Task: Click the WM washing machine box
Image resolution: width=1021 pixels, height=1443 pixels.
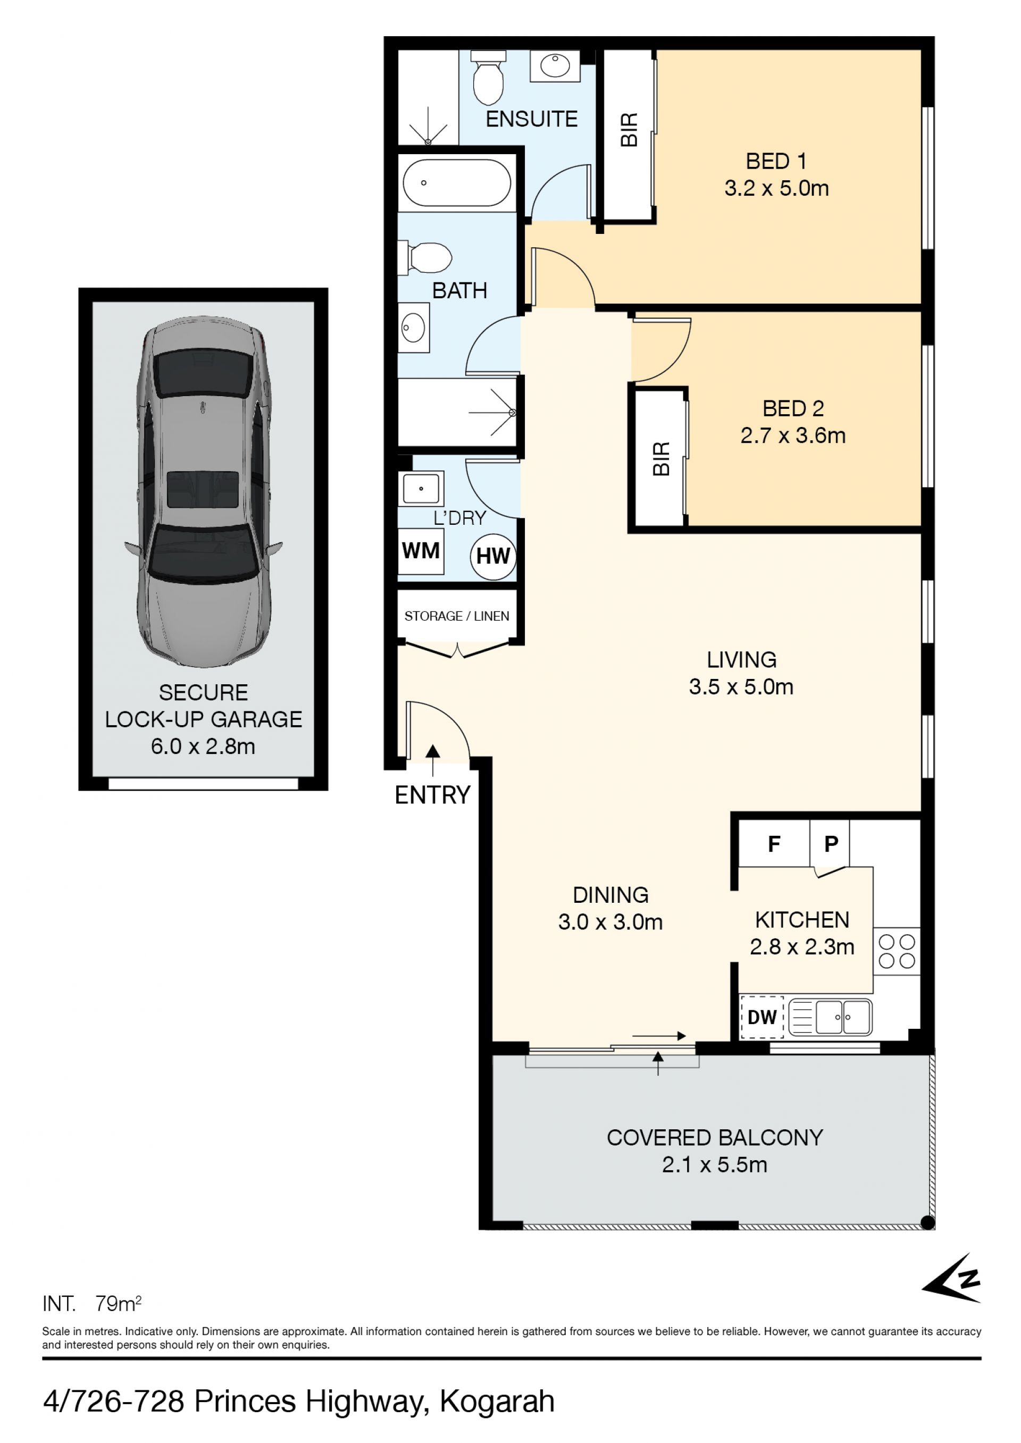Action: click(x=421, y=551)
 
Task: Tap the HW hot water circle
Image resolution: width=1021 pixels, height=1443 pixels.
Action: click(x=493, y=556)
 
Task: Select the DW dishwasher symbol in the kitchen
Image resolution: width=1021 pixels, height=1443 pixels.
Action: click(x=762, y=1017)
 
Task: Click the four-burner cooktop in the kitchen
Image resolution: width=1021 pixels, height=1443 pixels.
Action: click(x=897, y=952)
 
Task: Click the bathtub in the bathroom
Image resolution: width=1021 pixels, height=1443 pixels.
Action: click(x=456, y=182)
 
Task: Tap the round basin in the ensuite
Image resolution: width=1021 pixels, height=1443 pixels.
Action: click(x=555, y=65)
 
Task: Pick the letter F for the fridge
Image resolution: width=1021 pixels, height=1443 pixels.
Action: click(x=774, y=843)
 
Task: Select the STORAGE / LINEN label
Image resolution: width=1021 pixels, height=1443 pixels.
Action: click(x=456, y=616)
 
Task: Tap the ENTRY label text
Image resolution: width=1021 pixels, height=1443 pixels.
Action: click(x=432, y=795)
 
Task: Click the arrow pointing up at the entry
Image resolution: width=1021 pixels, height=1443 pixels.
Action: click(x=432, y=760)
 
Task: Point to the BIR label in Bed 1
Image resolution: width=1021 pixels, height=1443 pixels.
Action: click(x=629, y=130)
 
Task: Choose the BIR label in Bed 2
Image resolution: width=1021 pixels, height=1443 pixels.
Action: click(x=662, y=459)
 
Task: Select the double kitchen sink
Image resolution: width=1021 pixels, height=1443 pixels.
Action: click(x=830, y=1017)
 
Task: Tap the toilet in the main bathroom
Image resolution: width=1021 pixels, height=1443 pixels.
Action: click(x=425, y=258)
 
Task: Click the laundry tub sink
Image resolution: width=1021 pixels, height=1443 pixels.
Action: click(x=421, y=488)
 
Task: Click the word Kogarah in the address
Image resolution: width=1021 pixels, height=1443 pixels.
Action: click(x=497, y=1402)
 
